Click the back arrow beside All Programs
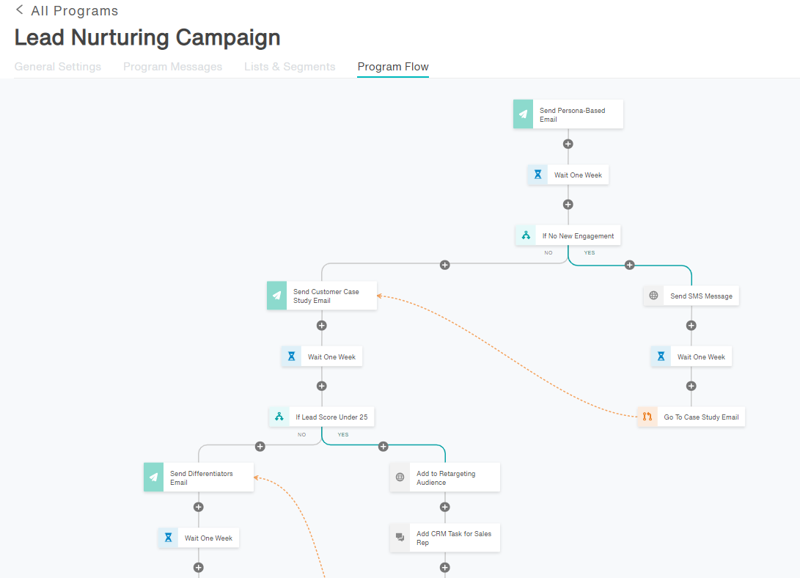[19, 10]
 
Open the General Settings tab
[58, 67]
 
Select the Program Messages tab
[172, 67]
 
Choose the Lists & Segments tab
[290, 67]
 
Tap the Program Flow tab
[393, 67]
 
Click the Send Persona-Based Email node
[568, 114]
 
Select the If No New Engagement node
[568, 235]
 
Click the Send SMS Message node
[691, 296]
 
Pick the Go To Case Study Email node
[691, 417]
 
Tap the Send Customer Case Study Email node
[322, 296]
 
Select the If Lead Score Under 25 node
[321, 417]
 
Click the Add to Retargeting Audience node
[445, 478]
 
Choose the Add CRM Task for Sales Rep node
[445, 538]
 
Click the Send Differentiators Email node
[199, 478]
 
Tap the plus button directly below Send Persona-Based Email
[568, 144]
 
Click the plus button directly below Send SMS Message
[691, 326]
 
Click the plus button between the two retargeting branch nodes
[445, 507]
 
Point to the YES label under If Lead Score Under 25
[343, 435]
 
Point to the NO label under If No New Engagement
[548, 252]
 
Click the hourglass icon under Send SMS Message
[661, 356]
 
